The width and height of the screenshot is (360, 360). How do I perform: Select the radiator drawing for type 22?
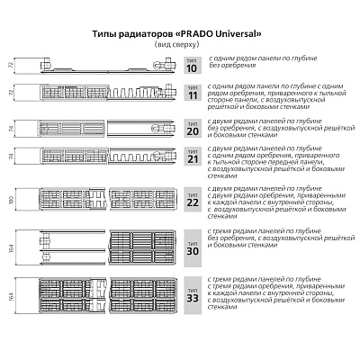tap(99, 197)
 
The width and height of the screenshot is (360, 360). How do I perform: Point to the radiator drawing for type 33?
tap(99, 292)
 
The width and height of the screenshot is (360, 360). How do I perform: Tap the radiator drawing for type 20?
tap(99, 129)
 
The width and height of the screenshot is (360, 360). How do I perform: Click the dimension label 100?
tap(11, 197)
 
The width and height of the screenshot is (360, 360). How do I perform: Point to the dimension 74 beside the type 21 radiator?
tap(11, 157)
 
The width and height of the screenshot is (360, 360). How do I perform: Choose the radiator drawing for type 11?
tap(99, 94)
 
